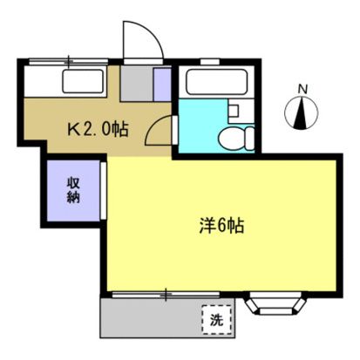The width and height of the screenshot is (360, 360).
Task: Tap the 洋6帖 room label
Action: (219, 224)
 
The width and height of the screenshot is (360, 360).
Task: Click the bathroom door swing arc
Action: (159, 132)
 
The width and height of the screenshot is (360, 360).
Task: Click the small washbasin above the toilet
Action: (234, 111)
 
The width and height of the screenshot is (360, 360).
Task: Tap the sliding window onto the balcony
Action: (166, 295)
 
